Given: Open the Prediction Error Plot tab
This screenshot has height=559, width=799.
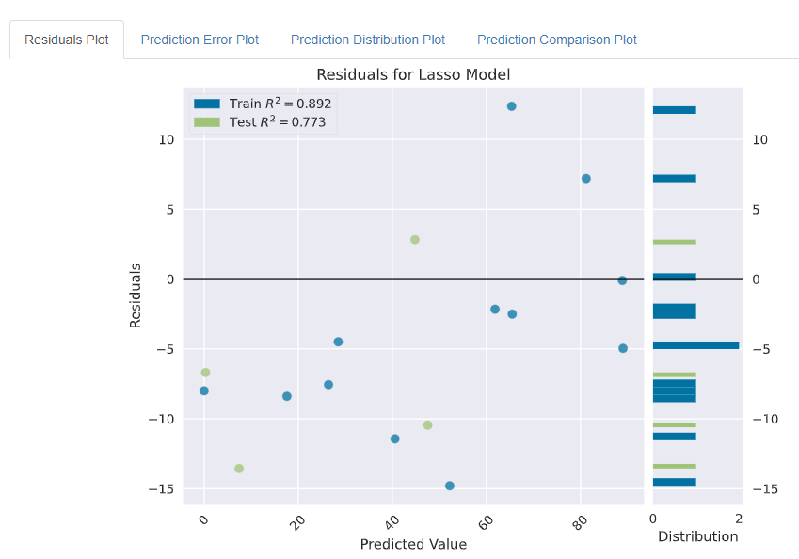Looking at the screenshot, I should (x=200, y=40).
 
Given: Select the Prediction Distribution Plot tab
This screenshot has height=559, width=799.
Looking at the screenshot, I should (x=367, y=40).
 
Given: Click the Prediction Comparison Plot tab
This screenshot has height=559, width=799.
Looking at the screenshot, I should (x=556, y=40).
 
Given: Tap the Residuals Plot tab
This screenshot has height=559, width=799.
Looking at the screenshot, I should (x=67, y=40).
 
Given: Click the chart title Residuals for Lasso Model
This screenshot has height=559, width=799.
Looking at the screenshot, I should (x=413, y=74).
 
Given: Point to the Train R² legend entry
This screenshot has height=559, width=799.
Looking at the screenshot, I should (x=263, y=104).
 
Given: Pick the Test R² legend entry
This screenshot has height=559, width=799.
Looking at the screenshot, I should (x=263, y=121).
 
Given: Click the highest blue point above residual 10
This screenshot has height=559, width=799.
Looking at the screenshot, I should (x=511, y=106).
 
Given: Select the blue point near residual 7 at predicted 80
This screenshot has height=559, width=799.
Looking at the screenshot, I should (x=585, y=179).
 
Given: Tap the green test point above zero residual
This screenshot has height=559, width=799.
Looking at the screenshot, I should (x=414, y=240).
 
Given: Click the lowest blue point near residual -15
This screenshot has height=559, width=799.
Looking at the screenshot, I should (x=449, y=487).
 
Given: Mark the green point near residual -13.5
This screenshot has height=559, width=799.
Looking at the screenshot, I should (x=239, y=469).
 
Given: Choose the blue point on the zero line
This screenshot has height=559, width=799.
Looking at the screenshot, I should (x=622, y=280).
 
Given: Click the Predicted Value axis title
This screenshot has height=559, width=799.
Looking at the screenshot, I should (x=413, y=544).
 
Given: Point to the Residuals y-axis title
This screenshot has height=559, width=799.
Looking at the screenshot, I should (x=136, y=295).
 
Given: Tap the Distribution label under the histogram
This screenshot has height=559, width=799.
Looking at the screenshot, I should (x=697, y=536).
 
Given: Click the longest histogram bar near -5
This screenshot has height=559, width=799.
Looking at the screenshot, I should (x=695, y=345).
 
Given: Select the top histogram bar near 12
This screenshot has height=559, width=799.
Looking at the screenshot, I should (x=675, y=110).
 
